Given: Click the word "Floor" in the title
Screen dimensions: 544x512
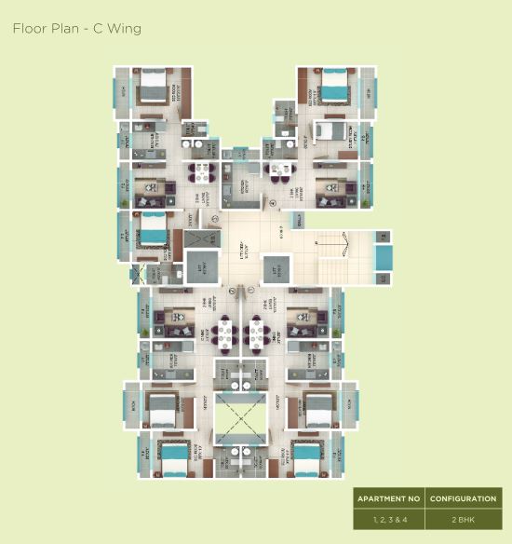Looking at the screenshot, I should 29,28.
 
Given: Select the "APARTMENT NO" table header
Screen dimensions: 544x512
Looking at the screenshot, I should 389,499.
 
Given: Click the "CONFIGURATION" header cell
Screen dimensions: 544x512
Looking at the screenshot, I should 463,499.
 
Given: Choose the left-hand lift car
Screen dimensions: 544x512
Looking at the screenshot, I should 199,267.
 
